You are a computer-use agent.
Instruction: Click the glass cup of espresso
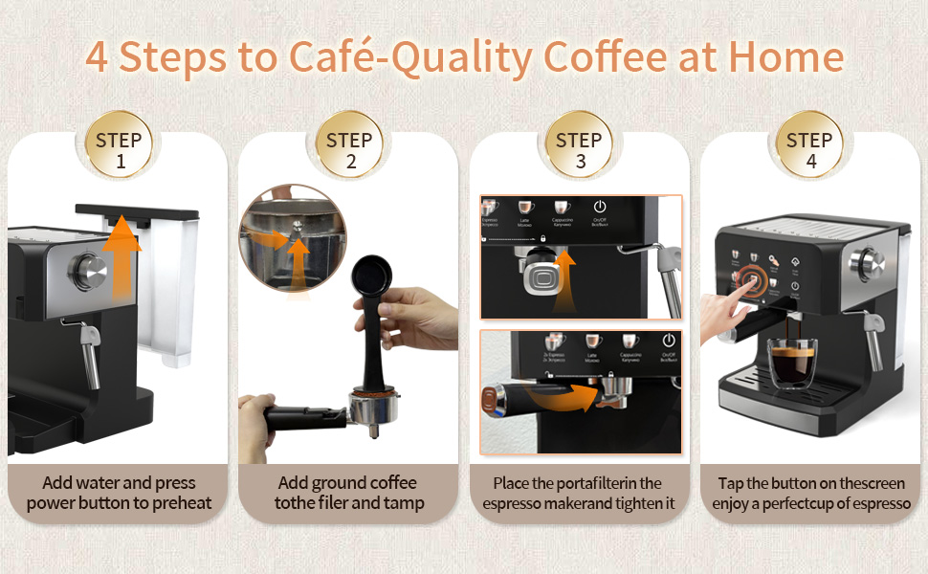(793, 368)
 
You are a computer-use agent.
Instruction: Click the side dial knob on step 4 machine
(872, 261)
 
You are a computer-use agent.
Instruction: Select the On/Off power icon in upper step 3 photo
(600, 208)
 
